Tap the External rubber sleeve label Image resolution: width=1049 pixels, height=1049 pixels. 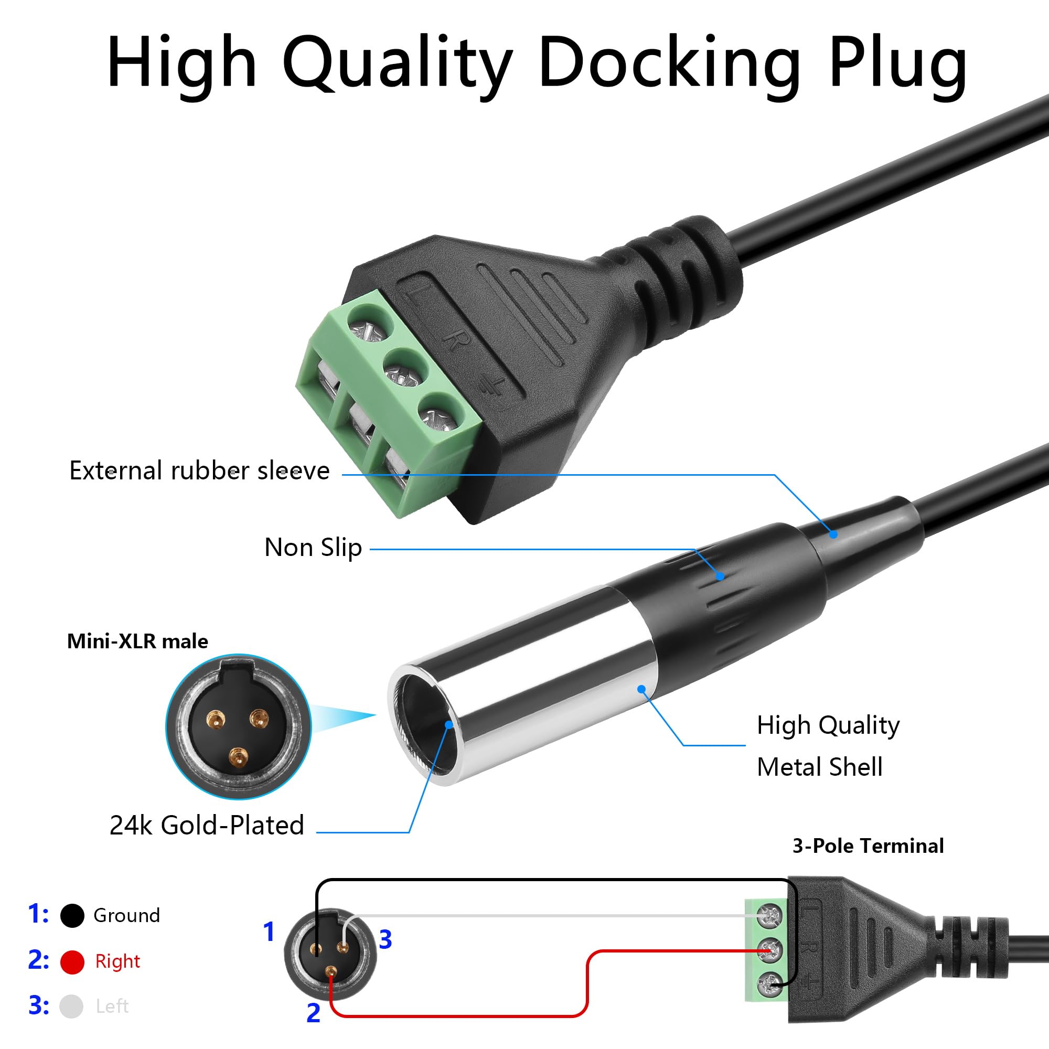(x=199, y=470)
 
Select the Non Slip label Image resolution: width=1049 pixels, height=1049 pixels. (x=313, y=547)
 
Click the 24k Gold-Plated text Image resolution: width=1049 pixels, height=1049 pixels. (x=206, y=825)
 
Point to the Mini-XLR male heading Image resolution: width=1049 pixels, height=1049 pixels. (x=137, y=641)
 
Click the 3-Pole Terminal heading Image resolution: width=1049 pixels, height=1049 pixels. (x=868, y=845)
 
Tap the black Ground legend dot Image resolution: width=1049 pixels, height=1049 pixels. (x=72, y=915)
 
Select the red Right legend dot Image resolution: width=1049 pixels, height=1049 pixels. (x=72, y=962)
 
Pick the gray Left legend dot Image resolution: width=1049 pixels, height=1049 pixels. (x=71, y=1007)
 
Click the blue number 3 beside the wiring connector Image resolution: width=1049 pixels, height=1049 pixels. (x=386, y=939)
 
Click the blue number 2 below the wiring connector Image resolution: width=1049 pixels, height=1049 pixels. (x=313, y=1013)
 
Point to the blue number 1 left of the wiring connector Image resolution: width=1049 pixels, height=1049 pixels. (x=269, y=932)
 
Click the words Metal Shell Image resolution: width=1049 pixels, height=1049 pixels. (x=819, y=767)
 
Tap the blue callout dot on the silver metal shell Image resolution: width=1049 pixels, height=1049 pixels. (x=642, y=689)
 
